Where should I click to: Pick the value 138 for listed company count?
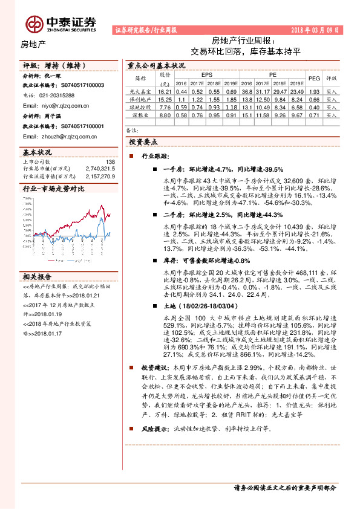(x=110, y=162)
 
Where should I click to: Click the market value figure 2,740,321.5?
(x=100, y=169)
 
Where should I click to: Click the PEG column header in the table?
(x=314, y=79)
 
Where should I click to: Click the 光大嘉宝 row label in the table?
(x=140, y=90)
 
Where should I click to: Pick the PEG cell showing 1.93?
(x=314, y=90)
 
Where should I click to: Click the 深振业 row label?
(x=140, y=114)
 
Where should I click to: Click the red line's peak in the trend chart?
(x=91, y=204)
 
